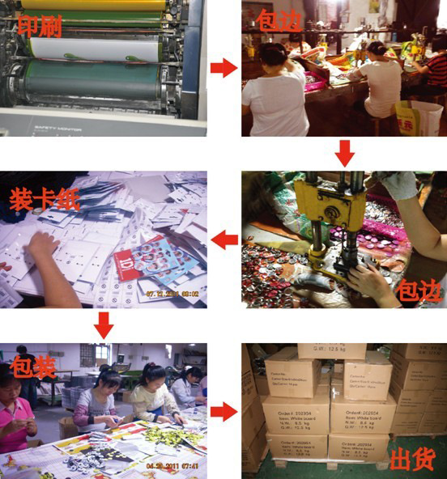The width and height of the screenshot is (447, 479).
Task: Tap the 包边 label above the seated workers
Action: click(x=279, y=20)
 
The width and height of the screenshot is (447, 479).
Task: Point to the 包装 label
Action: click(x=33, y=366)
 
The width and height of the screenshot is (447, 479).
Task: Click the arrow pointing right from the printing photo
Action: click(x=223, y=68)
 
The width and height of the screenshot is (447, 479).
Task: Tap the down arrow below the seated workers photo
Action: click(x=345, y=152)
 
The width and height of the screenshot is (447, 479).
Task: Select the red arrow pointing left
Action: click(x=224, y=239)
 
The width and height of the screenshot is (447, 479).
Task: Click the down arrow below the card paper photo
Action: click(x=103, y=324)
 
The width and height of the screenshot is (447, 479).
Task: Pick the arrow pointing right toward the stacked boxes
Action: click(x=223, y=412)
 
